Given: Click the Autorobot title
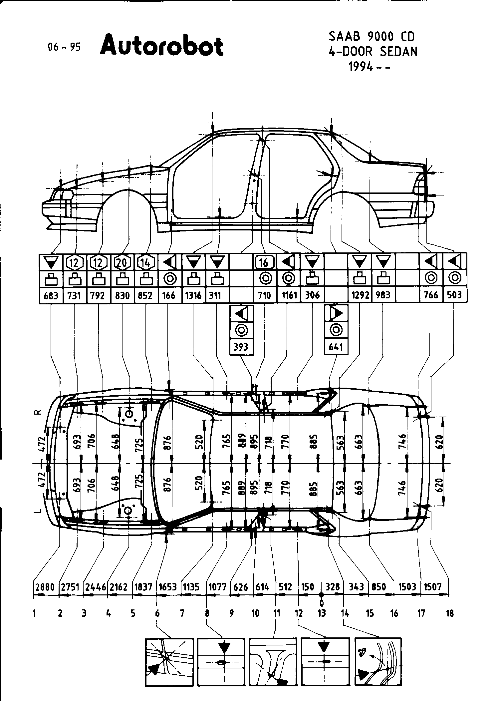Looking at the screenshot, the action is click(x=162, y=46).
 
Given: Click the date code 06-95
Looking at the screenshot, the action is click(x=64, y=47).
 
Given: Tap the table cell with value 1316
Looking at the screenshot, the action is click(x=193, y=295).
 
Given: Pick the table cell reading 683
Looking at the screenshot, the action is click(x=51, y=295).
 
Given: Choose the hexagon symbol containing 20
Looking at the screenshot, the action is click(x=122, y=263).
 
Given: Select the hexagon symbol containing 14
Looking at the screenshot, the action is click(x=146, y=263).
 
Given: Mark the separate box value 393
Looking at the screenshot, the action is click(x=241, y=347).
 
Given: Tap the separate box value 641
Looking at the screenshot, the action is click(x=336, y=347).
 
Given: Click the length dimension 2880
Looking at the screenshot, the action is click(x=45, y=587).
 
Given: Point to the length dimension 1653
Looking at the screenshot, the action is click(x=167, y=587).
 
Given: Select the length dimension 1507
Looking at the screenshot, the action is click(x=433, y=587).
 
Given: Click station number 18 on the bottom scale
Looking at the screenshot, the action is click(x=450, y=613).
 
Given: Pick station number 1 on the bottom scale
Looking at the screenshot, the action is click(x=35, y=613).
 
